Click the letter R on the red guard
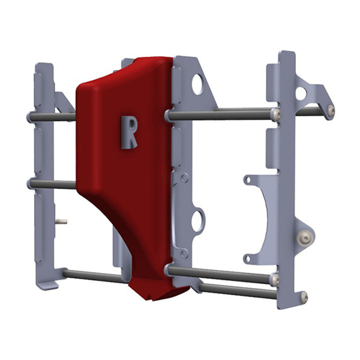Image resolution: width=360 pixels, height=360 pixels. tap(128, 132)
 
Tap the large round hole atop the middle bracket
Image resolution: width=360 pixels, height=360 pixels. tap(197, 84)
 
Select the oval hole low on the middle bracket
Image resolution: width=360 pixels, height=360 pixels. tap(198, 220)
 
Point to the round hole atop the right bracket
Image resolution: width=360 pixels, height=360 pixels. tap(300, 93)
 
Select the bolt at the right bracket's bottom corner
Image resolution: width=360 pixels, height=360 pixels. tap(303, 297)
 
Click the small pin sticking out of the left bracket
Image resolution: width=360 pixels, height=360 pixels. tap(61, 220)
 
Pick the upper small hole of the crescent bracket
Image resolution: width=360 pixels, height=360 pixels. tap(246, 179)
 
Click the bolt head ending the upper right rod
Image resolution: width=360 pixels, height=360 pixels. tap(276, 114)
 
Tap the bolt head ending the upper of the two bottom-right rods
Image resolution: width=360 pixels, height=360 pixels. tap(274, 279)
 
